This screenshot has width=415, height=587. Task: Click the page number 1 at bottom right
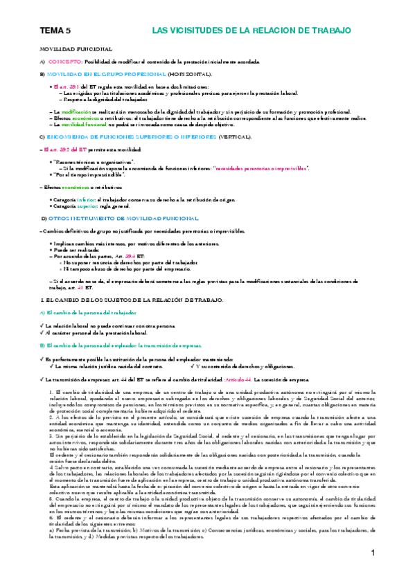click(x=372, y=572)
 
